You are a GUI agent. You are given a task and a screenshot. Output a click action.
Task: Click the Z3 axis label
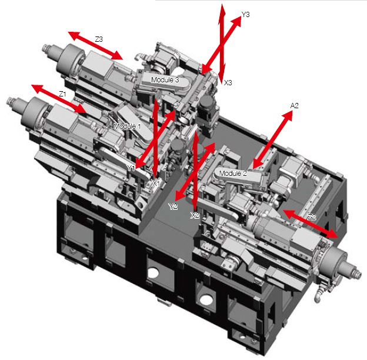tap(99, 39)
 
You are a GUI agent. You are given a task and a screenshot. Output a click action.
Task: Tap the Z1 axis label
tap(62, 94)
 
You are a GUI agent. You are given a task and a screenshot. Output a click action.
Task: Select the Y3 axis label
tap(245, 15)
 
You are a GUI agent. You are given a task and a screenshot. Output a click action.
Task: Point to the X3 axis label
tap(228, 82)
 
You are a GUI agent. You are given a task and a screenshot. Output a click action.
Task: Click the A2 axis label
tap(295, 106)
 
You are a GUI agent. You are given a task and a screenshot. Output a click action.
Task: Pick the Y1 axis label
tap(131, 168)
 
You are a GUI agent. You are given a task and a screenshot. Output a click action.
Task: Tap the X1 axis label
tap(156, 184)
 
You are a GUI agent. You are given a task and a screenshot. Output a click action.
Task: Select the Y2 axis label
tap(173, 206)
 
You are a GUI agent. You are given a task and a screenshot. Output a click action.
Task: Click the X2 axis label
tap(195, 215)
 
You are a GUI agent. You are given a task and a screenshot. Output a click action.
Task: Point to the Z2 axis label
tap(312, 217)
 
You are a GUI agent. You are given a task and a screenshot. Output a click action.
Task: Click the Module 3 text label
tap(165, 80)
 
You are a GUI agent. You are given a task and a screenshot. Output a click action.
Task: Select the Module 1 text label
tap(127, 126)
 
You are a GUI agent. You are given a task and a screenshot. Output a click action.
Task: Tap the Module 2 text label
tap(233, 173)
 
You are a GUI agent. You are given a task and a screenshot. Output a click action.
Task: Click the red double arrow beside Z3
tap(95, 46)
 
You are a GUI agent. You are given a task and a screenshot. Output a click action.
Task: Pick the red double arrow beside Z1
tap(59, 99)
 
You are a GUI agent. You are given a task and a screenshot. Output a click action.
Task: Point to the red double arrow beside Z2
tap(311, 224)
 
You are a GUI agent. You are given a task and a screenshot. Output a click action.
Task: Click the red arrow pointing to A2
tap(273, 140)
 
